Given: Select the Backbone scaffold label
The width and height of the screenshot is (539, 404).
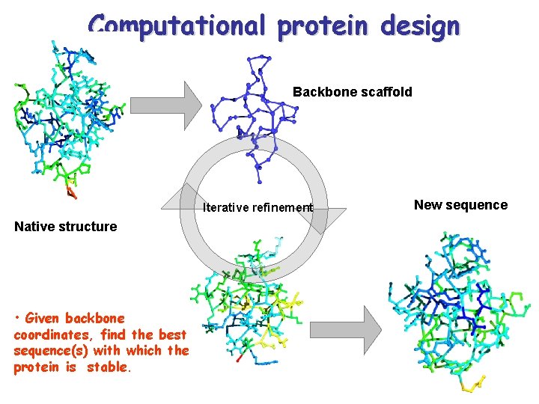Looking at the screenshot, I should click(x=352, y=92).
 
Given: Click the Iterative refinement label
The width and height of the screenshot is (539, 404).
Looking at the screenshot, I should click(x=258, y=207).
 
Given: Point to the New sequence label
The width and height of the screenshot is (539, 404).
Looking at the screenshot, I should click(x=460, y=205).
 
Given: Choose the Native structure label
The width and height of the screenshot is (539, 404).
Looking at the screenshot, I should click(x=66, y=227).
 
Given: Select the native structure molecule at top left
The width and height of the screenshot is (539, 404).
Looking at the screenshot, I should click(x=64, y=116).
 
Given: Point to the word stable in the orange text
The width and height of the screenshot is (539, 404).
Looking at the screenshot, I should click(x=109, y=368).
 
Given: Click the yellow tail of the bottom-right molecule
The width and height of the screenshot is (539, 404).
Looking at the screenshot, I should click(x=472, y=385).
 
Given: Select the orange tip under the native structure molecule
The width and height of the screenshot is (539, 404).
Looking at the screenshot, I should click(x=71, y=193).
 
